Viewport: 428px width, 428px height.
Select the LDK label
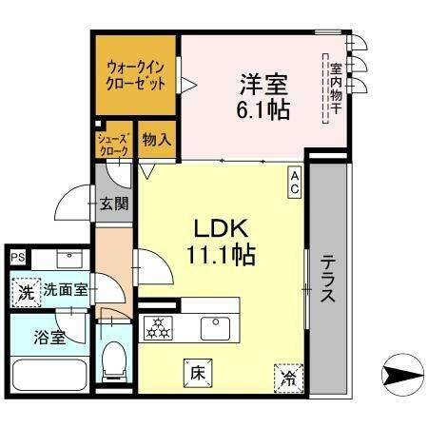pyautogui.click(x=222, y=229)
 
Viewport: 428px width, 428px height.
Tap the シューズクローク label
pyautogui.click(x=113, y=145)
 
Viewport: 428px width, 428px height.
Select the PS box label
pyautogui.click(x=17, y=256)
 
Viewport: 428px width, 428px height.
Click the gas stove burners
pyautogui.click(x=156, y=327)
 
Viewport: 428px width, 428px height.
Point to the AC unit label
pyautogui.click(x=295, y=182)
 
